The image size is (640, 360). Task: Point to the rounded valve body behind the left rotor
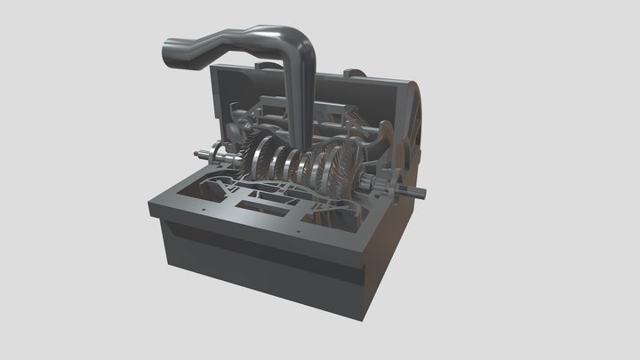pos(234,131)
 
